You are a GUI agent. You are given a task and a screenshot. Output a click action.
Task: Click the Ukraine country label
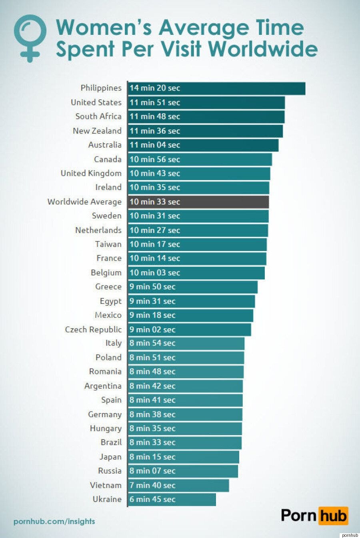point(107,499)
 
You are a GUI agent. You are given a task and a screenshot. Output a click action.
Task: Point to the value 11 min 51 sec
point(155,102)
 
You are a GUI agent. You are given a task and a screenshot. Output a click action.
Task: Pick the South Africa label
point(98,116)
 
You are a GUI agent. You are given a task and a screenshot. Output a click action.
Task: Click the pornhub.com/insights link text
point(54,522)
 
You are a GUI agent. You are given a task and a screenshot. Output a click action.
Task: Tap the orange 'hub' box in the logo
point(333,516)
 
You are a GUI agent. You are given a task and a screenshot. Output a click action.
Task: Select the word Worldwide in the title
point(263,49)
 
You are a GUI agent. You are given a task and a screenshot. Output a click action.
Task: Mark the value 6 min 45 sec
point(152,499)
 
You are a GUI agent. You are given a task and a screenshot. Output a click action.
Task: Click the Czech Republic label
point(93,329)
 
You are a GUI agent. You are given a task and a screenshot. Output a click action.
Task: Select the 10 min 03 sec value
point(155,273)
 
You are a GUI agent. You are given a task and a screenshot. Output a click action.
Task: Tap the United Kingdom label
point(91,173)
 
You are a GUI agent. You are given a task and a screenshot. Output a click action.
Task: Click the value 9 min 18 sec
point(152,315)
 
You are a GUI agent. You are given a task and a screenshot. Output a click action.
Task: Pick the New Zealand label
point(97,131)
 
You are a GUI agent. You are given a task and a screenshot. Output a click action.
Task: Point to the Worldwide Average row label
point(84,202)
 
